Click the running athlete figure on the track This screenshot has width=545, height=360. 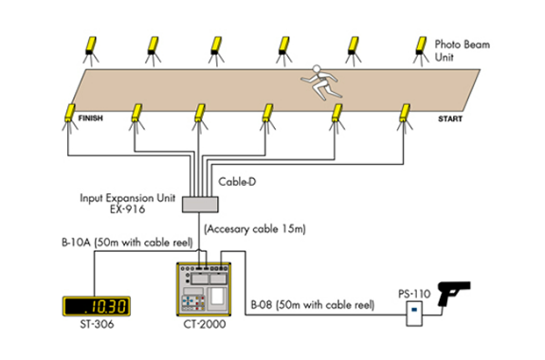320,82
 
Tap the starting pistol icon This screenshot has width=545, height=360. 453,293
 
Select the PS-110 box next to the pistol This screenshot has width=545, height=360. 414,314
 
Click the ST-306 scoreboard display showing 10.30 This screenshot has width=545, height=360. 97,306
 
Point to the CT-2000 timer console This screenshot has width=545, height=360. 204,289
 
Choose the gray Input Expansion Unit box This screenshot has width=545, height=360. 200,205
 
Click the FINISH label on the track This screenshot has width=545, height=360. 91,118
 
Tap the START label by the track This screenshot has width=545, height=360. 450,118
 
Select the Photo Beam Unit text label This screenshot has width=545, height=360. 463,50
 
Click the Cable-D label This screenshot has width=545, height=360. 237,181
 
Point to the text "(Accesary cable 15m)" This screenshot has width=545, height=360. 255,229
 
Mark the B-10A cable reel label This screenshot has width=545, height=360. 127,243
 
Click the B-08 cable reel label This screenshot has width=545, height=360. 313,305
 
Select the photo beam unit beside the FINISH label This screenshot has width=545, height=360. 70,118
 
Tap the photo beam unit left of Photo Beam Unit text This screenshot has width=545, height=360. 421,51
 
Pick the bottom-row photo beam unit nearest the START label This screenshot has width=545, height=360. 405,118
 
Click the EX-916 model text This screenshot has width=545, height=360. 127,209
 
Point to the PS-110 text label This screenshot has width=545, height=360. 414,294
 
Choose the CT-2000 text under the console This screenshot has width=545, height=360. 205,324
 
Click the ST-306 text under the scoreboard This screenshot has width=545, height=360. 97,324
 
